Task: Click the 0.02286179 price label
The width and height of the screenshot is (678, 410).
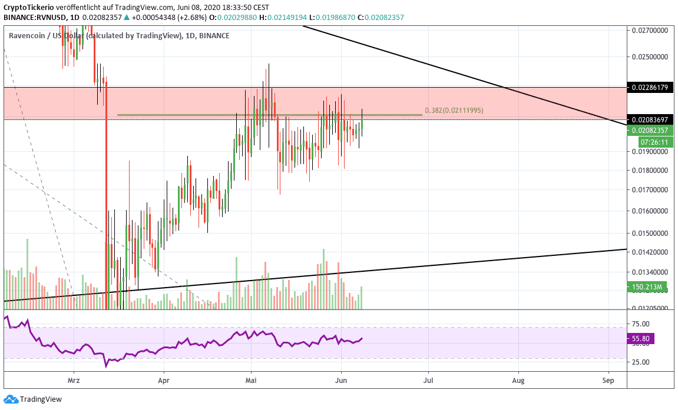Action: pyautogui.click(x=650, y=88)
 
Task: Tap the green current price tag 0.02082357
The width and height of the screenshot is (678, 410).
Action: pyautogui.click(x=650, y=131)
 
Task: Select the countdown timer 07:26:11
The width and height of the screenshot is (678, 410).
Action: pyautogui.click(x=654, y=142)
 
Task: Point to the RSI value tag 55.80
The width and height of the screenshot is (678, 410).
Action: pyautogui.click(x=640, y=339)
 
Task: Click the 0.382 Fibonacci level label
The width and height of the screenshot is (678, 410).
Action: pyautogui.click(x=454, y=111)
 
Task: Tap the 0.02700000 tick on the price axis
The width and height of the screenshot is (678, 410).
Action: pyautogui.click(x=650, y=29)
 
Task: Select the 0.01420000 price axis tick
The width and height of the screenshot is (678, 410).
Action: pyautogui.click(x=650, y=252)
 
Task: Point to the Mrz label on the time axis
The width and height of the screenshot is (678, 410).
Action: pyautogui.click(x=74, y=381)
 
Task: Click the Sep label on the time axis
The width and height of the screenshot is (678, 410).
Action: pyautogui.click(x=608, y=381)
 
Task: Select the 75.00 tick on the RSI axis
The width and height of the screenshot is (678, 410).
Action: pyautogui.click(x=640, y=324)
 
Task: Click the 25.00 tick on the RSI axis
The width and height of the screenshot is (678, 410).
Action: pyautogui.click(x=640, y=362)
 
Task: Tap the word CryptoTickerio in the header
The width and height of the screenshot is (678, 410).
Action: pyautogui.click(x=28, y=7)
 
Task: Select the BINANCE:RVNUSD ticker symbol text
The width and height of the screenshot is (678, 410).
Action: pyautogui.click(x=34, y=18)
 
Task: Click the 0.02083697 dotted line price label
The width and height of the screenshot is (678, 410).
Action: pyautogui.click(x=650, y=119)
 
